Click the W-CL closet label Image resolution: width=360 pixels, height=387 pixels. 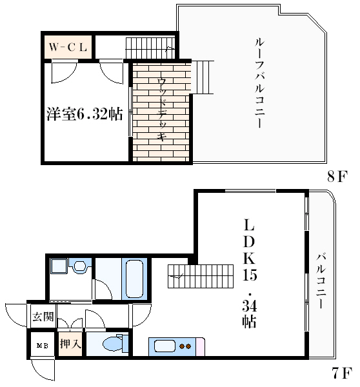coord(68,47)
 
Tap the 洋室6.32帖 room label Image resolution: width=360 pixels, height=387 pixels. coord(85,114)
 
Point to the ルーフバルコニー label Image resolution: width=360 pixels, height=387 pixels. coord(260,83)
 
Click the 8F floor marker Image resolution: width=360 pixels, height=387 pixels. coord(337,176)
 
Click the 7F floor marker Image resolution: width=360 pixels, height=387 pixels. coord(342,373)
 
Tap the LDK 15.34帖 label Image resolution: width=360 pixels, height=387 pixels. coord(250,273)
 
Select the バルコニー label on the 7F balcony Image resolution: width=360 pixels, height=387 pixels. coord(321,281)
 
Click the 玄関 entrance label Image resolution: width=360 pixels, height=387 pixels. coord(43,317)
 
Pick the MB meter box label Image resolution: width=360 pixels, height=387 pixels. coord(42,346)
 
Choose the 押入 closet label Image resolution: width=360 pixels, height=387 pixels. coord(70,343)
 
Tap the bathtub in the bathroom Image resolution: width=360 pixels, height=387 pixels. coord(134,279)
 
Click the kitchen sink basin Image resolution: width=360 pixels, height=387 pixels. coord(165,346)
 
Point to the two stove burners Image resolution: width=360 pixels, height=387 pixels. coord(185,346)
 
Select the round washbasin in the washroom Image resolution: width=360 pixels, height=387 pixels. coord(80,266)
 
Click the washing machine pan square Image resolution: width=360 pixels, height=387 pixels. coord(59,266)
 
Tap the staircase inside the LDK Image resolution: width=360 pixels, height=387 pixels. coord(201,276)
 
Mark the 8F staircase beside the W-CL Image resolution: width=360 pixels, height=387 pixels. coord(150,48)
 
